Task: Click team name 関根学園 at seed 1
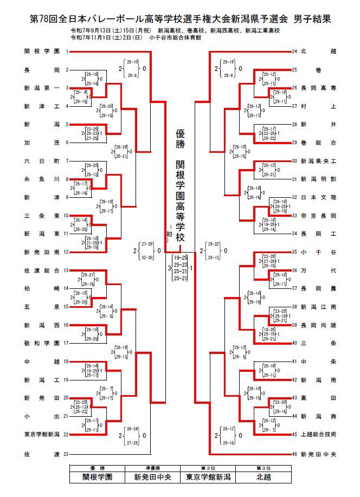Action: [x=41, y=51]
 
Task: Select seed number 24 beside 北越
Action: [x=294, y=51]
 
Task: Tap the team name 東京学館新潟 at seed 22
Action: [x=41, y=435]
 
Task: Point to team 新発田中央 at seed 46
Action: [x=318, y=453]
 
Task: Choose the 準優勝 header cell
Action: [x=152, y=468]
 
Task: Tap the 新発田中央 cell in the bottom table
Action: [x=152, y=477]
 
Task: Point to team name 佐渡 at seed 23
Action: [x=41, y=453]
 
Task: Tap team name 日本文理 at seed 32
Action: [x=318, y=197]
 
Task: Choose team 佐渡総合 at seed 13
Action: [x=41, y=270]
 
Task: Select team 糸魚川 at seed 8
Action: [x=41, y=179]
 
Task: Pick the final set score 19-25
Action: [x=180, y=257]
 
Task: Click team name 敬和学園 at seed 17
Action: [x=41, y=343]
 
